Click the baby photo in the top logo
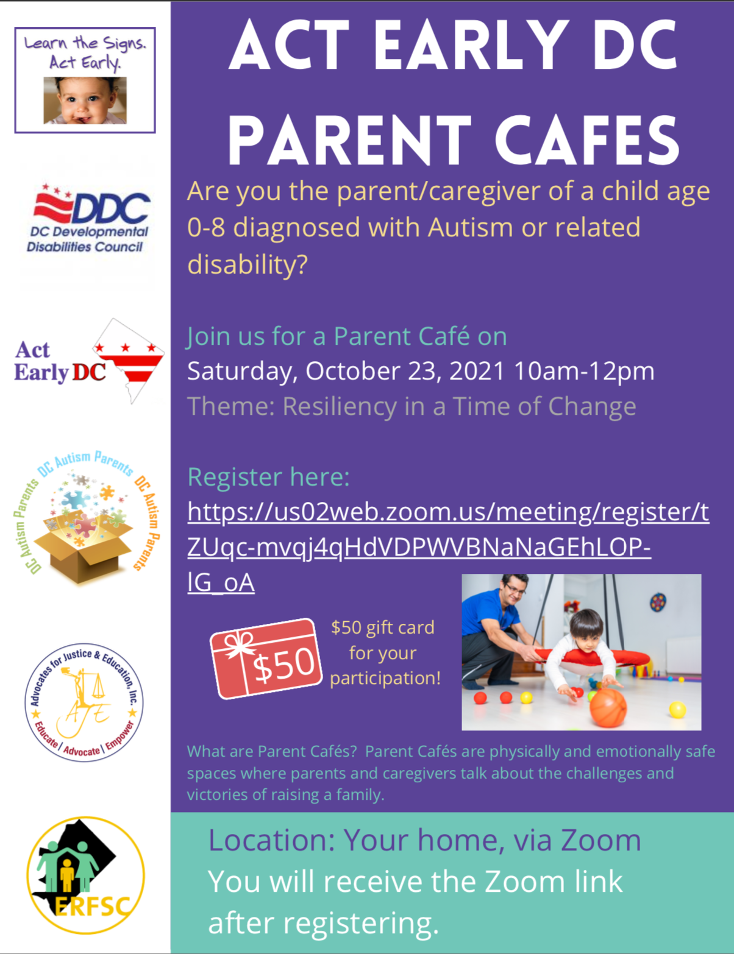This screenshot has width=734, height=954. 85,101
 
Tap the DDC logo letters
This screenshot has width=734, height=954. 111,208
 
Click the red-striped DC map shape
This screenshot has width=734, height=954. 128,361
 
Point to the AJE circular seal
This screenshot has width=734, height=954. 84,702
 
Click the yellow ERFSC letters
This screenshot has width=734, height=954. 93,907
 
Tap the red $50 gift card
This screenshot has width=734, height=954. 266,659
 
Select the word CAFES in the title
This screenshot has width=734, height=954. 587,139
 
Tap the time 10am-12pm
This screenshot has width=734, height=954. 584,372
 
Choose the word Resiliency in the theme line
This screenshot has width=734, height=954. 340,407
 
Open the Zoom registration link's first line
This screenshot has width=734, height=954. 448,512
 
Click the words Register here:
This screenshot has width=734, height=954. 268,477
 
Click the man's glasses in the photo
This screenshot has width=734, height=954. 514,589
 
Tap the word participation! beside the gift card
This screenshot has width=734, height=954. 385,679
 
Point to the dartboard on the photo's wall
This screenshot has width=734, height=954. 658,601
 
